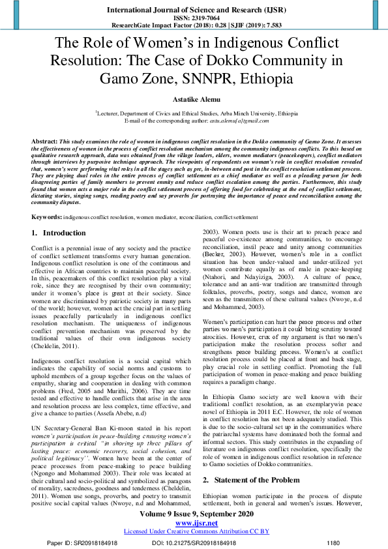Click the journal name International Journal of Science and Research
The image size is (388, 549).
[x=193, y=10]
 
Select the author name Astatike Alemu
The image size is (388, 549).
[x=194, y=100]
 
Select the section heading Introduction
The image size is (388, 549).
[x=64, y=215]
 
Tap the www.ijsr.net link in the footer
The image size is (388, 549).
[x=194, y=524]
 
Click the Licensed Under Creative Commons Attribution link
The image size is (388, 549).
[x=194, y=532]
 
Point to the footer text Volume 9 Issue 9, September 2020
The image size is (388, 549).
[x=194, y=514]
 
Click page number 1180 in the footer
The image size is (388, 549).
[x=333, y=542]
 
